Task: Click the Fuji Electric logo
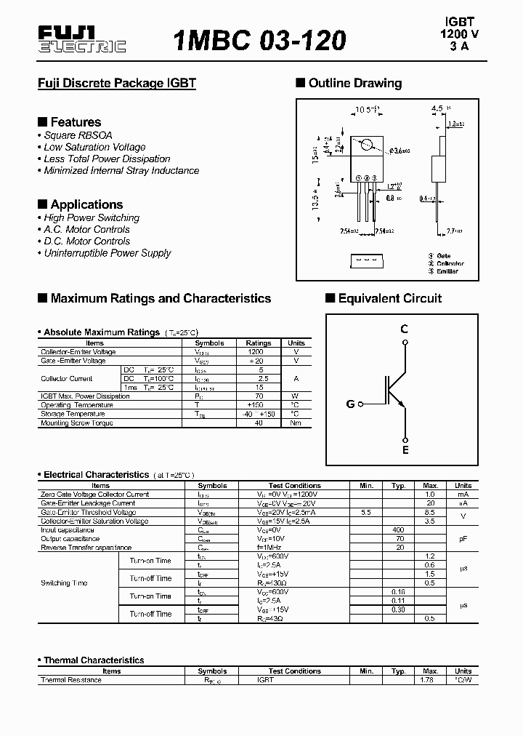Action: tap(81, 40)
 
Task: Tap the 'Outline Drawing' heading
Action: tap(354, 83)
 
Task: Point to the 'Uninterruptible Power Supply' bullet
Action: tap(107, 253)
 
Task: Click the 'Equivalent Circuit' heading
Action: tap(389, 298)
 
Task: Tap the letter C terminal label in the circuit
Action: tap(405, 329)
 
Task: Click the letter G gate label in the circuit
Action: tap(350, 404)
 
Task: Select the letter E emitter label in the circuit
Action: tap(405, 450)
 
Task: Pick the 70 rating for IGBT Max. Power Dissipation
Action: tap(259, 396)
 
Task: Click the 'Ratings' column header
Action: tap(259, 343)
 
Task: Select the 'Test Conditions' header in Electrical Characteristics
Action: tap(294, 486)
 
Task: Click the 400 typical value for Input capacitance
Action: tap(397, 529)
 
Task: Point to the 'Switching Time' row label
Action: tap(65, 583)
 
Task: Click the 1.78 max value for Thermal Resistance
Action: tap(430, 680)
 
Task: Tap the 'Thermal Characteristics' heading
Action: tap(94, 660)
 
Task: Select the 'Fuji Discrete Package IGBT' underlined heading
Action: tap(117, 83)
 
